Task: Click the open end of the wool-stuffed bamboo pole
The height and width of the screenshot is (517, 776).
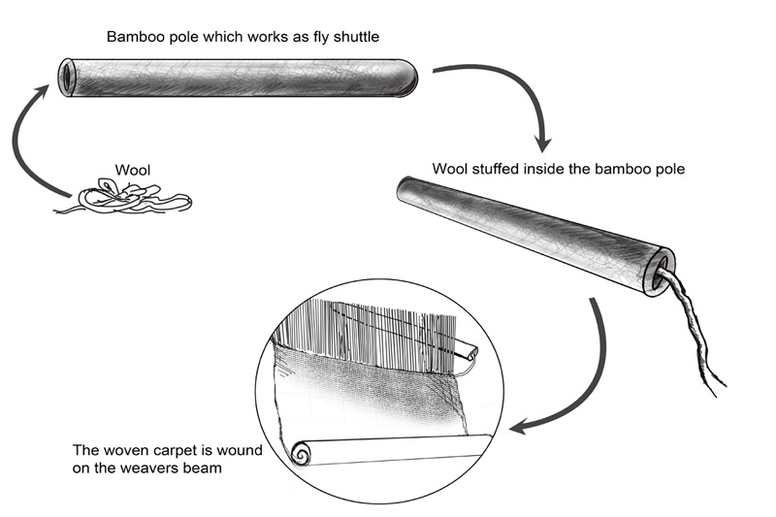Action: click(663, 271)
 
